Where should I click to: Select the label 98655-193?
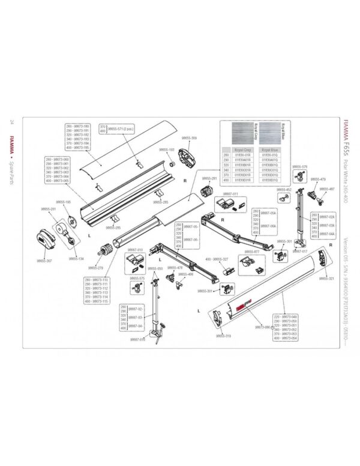point(166,150)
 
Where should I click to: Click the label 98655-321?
point(326,279)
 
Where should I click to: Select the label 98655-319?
point(224,336)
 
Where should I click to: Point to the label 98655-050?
point(155,268)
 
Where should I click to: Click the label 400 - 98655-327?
point(217,259)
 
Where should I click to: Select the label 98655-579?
point(299,166)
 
